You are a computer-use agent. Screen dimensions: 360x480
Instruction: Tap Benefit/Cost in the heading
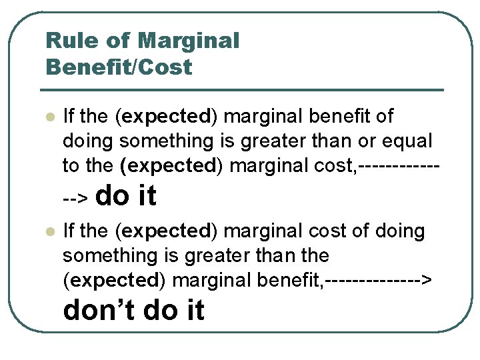pos(119,67)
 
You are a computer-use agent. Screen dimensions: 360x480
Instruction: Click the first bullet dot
pos(49,117)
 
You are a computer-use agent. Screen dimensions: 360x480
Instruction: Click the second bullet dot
pos(49,231)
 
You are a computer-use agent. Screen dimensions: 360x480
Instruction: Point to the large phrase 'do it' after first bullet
pos(127,195)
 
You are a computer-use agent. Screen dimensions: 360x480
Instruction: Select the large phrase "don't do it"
pos(133,310)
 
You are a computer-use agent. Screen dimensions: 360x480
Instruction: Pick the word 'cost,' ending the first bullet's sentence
pos(336,166)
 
